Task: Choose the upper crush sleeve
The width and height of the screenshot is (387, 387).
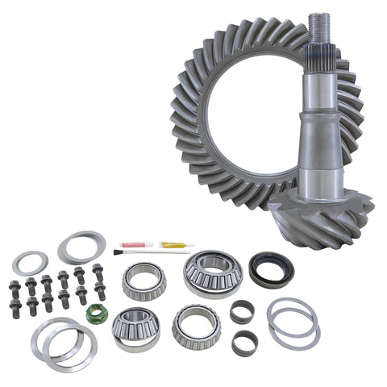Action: [242, 310]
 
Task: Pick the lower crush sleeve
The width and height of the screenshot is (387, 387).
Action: [243, 343]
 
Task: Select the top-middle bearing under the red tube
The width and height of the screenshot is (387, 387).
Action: [144, 280]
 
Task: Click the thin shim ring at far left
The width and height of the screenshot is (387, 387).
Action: [30, 263]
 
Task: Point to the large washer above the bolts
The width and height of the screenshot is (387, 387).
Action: [81, 248]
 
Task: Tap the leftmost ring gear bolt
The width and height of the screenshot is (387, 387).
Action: [15, 289]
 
